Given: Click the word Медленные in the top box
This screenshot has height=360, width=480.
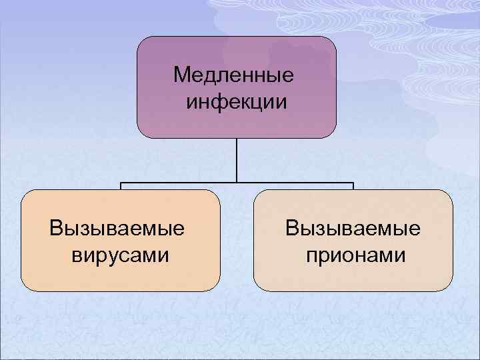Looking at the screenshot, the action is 233,75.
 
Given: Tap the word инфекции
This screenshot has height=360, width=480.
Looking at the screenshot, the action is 237,102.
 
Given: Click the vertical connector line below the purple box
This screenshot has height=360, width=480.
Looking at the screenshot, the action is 237,160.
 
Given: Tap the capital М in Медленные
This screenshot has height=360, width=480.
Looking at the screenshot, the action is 181,75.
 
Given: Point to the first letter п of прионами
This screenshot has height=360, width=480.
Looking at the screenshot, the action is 311,255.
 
